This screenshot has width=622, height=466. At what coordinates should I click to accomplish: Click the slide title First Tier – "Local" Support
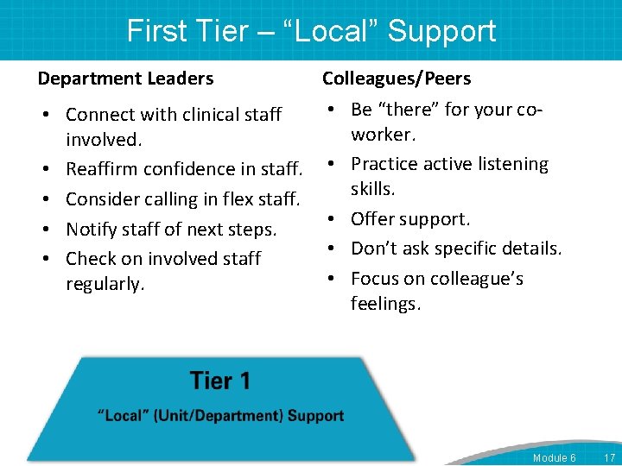pos(311,31)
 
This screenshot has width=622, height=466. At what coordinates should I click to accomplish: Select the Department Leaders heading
pos(125,79)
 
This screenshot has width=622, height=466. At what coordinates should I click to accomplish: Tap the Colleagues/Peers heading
pos(397,79)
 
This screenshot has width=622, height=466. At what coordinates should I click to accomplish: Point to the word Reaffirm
pos(104,169)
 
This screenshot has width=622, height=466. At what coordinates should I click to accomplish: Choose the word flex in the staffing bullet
pos(238,198)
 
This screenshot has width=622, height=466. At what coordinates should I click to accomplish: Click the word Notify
pos(92,230)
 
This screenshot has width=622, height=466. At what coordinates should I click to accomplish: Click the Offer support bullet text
pos(410,219)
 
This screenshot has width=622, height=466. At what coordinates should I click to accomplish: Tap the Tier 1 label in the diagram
pos(219,381)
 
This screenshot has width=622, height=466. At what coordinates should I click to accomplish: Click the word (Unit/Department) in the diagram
pos(221,416)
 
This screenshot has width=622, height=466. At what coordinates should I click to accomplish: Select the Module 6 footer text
pos(554,457)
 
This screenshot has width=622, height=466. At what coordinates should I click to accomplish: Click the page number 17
pos(609,457)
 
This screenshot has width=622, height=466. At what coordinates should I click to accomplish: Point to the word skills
pos(372,189)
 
